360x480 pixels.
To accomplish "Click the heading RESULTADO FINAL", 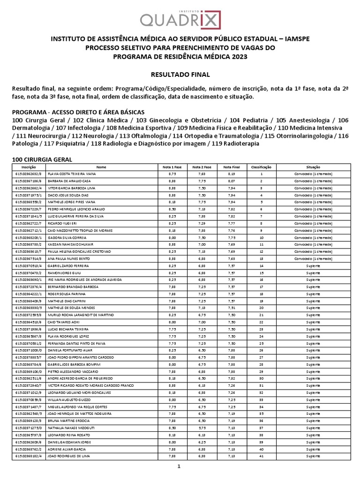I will pos(180,74).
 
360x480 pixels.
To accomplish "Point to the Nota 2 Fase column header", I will pos(202,167).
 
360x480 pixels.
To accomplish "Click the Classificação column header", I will pos(261,167).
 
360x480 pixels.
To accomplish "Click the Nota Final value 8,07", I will pos(232,181).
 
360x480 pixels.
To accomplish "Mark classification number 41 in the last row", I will pos(261,455).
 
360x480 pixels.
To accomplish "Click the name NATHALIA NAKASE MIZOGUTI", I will pos(71,427).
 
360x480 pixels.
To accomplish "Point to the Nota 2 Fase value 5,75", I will pos(202,427).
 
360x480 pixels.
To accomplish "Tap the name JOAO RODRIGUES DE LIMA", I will pos(68,455).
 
